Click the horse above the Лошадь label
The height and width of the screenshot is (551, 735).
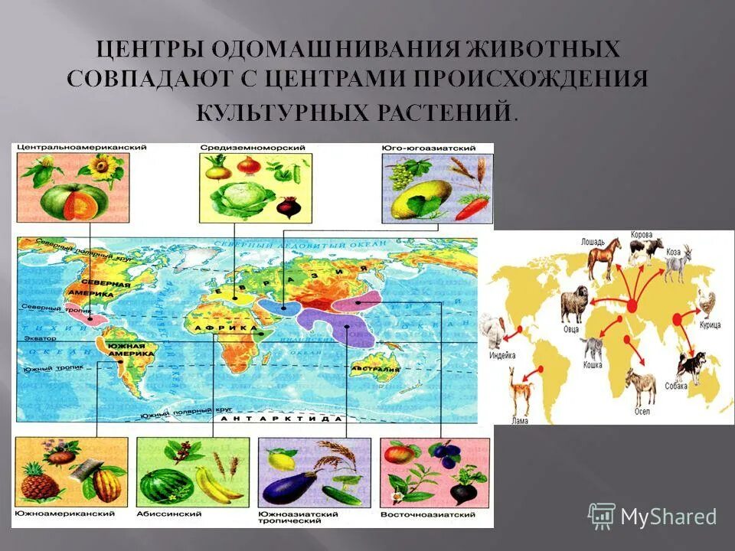(604, 258)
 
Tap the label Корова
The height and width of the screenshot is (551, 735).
(642, 234)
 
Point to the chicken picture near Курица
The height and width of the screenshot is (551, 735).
(705, 305)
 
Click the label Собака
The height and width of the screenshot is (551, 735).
(677, 386)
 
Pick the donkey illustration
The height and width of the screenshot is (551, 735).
(642, 388)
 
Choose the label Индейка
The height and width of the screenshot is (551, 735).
(503, 356)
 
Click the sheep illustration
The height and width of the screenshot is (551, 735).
(573, 304)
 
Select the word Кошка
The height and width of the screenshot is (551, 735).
(591, 365)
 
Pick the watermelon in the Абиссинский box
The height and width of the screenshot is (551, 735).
(163, 485)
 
